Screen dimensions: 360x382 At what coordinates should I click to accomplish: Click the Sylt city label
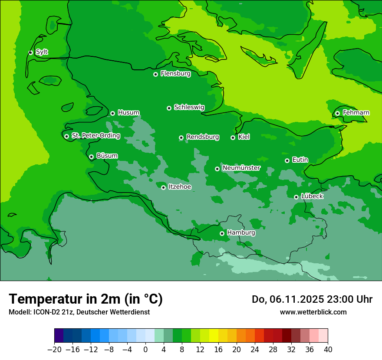pos(42,52)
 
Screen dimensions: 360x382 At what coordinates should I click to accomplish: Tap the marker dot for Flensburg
pos(155,74)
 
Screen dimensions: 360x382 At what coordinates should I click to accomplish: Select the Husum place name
pos(128,113)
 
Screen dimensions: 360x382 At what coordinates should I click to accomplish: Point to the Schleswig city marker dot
pos(169,108)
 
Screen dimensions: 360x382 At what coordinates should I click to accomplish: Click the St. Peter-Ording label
pos(95,136)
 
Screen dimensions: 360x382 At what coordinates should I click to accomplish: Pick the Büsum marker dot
pos(91,157)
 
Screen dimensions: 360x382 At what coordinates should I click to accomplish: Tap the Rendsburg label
pos(202,137)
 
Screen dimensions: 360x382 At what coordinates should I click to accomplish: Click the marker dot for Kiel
pos(233,137)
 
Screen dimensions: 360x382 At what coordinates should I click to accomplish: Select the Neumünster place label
pos(241,168)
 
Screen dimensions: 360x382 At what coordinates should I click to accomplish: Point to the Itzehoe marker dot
pos(163,187)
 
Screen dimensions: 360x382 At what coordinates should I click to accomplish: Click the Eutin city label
pos(300,160)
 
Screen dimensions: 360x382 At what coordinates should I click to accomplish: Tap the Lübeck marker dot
pos(296,197)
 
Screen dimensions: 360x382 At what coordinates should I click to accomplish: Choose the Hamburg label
pos(241,233)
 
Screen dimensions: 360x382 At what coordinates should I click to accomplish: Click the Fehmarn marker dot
pos(337,113)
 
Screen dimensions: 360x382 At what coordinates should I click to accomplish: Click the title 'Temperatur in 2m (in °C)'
pos(86,299)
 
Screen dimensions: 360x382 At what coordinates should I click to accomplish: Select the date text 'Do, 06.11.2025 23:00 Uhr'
pos(312,299)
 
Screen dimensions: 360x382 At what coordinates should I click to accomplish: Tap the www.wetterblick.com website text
pos(313,312)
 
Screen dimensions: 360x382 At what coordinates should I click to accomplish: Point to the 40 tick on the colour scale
pos(328,350)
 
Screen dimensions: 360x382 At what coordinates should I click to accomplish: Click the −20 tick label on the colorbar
pos(54,350)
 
